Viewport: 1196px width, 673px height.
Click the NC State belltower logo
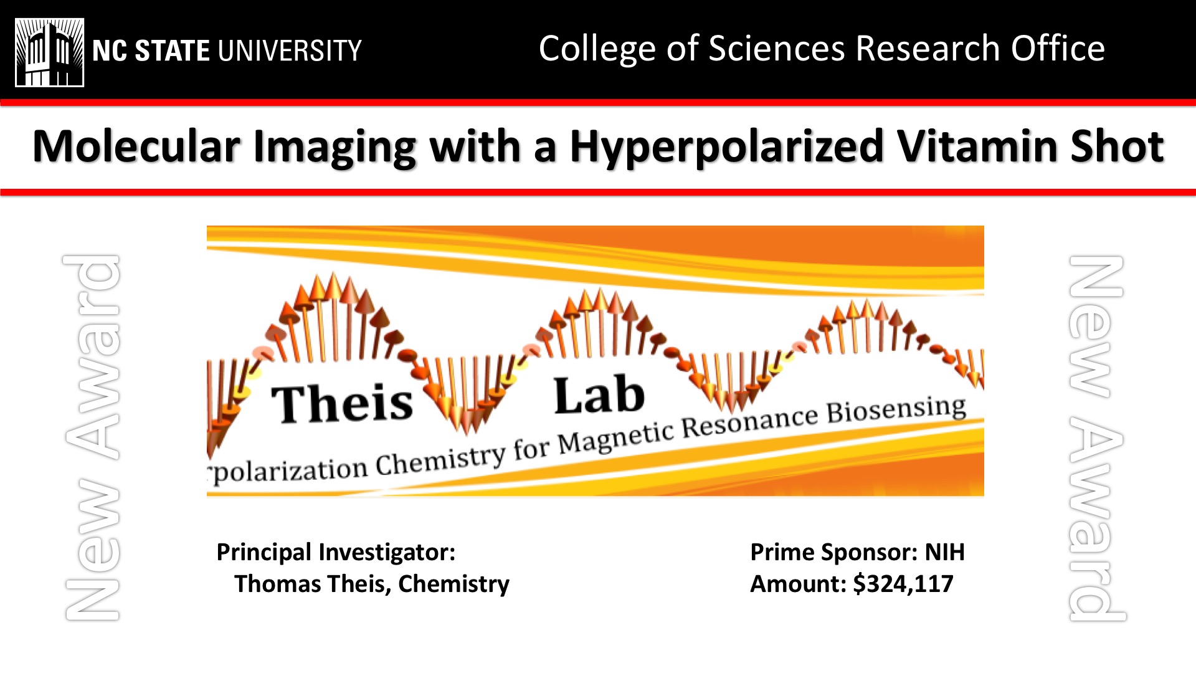coord(50,52)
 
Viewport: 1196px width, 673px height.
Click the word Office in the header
coord(1058,49)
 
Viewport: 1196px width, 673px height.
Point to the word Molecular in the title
coord(136,147)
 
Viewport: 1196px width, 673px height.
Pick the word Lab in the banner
coord(599,395)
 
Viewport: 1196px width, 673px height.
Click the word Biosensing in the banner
coord(896,410)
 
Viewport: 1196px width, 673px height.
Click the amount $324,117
coord(903,584)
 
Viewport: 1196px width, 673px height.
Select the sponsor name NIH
coord(944,552)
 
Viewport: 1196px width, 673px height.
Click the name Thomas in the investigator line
coord(277,584)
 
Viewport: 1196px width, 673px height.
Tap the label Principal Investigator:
coord(336,553)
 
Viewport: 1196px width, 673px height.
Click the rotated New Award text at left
coord(92,437)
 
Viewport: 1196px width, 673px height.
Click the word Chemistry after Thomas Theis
coord(453,585)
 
